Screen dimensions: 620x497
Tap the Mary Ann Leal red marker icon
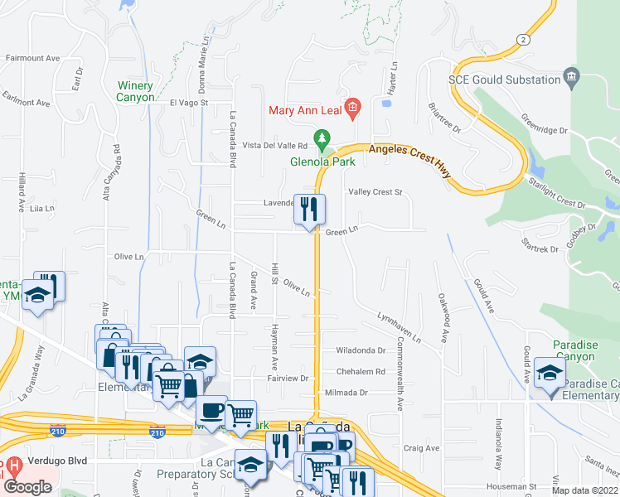point(352,108)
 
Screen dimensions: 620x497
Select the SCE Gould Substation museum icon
point(572,80)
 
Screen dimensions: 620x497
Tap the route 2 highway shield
point(522,39)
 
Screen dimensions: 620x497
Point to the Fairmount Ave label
point(33,59)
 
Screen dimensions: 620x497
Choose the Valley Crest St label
point(375,192)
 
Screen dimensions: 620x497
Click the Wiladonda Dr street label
point(361,350)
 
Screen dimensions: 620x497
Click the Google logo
point(27,486)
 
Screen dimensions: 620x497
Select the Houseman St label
point(511,486)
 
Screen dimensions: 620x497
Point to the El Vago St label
point(188,104)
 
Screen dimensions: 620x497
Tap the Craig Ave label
point(421,448)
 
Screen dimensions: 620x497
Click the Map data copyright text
point(584,490)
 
